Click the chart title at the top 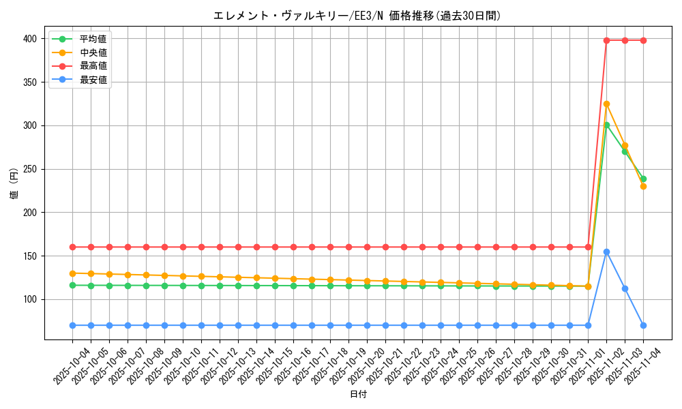(x=357, y=16)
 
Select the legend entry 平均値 (x=93, y=39)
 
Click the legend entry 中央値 (x=93, y=52)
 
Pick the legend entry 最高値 (x=93, y=66)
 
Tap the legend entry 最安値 (x=93, y=80)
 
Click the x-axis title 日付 (x=357, y=395)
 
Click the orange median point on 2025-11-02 (x=606, y=104)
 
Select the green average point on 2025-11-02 (x=606, y=125)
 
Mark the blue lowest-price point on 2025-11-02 (x=606, y=252)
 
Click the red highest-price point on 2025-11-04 (x=643, y=40)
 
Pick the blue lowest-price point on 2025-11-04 (x=643, y=325)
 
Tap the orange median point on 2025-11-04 (x=643, y=186)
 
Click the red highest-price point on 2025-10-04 (x=72, y=247)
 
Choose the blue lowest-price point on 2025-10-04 (x=72, y=325)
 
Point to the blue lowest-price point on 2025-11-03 (x=625, y=288)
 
